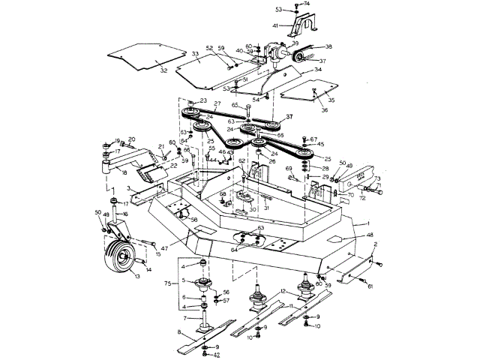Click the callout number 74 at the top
point(307,4)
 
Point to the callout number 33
point(195,54)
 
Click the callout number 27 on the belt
point(217,103)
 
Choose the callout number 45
point(320,144)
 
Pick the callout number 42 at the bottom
point(216,355)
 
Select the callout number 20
point(131,139)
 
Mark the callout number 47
point(164,246)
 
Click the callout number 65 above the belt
point(235,106)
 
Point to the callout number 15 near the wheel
point(157,254)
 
